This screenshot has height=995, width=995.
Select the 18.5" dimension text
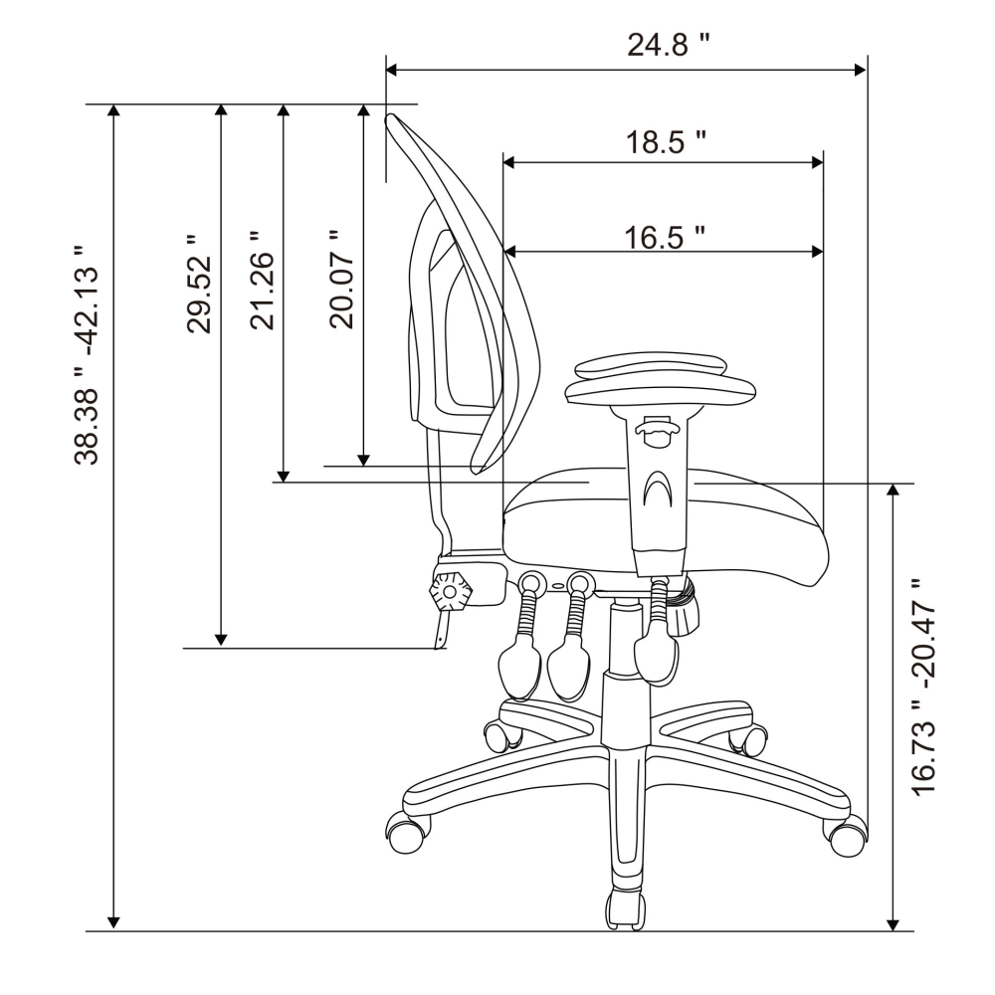(666, 141)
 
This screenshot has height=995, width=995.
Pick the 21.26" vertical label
(261, 280)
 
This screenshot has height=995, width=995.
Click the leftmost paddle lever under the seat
(518, 665)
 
